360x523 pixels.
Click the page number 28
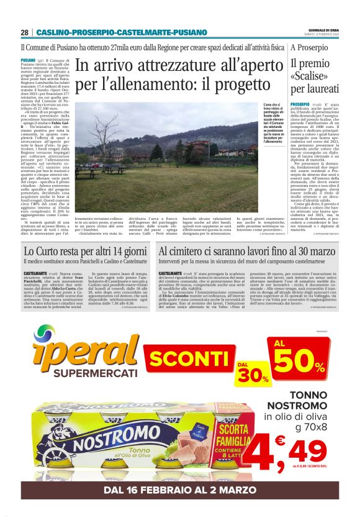[x=24, y=32]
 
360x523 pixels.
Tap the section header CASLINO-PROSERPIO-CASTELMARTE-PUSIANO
[x=121, y=32]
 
